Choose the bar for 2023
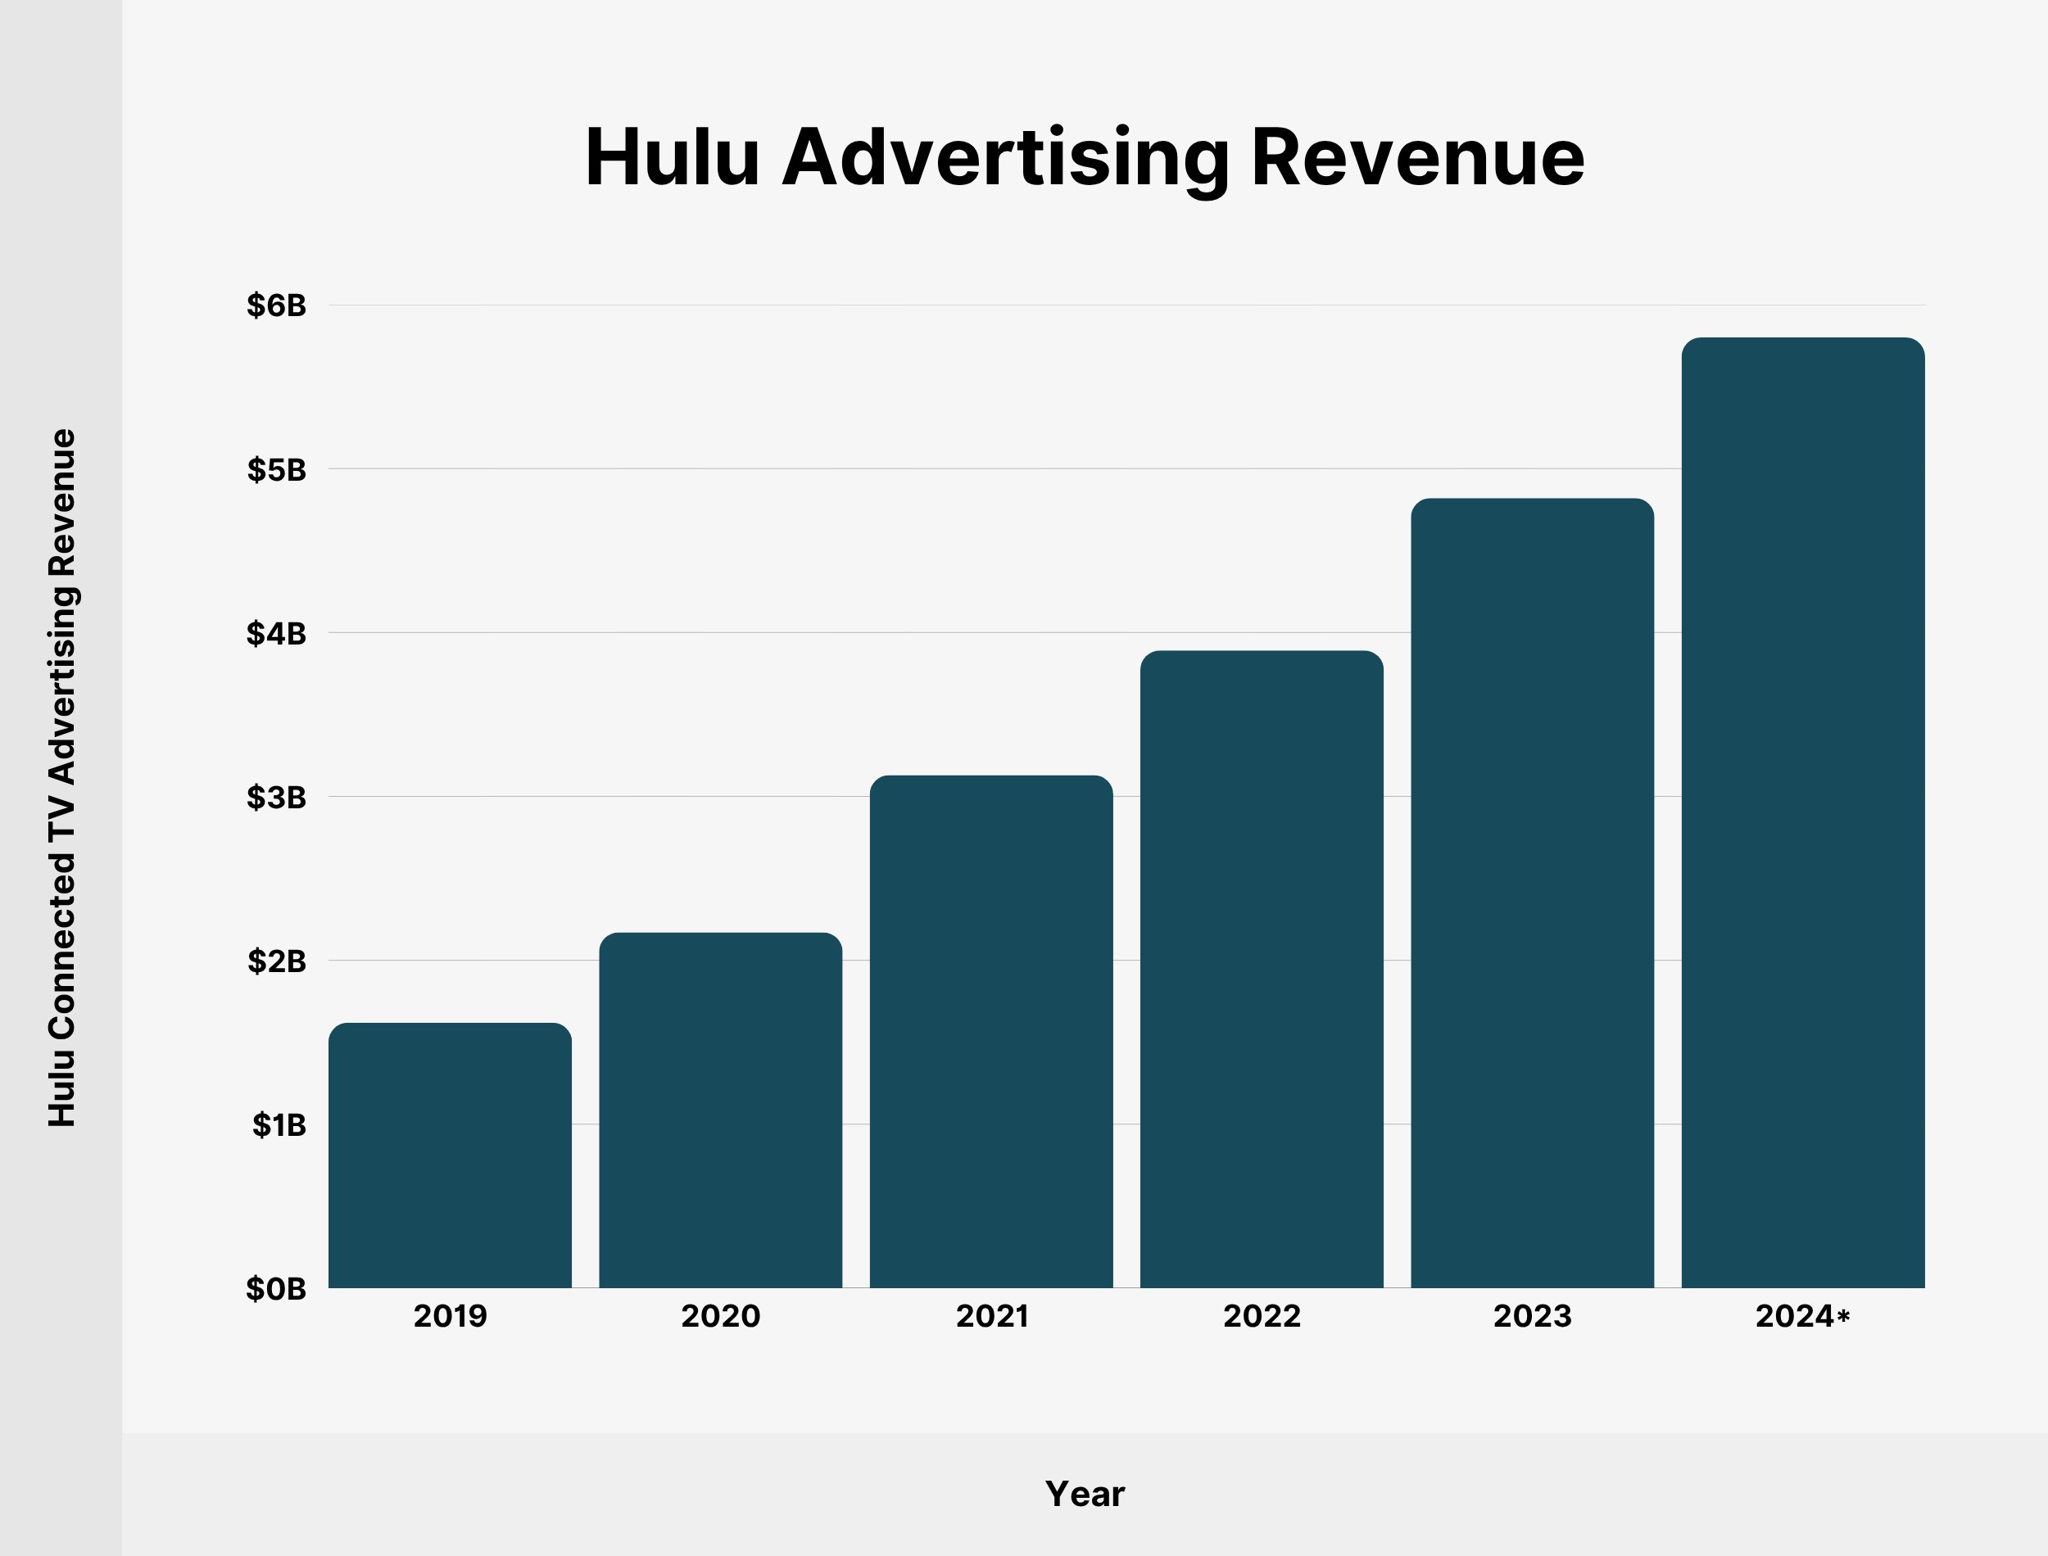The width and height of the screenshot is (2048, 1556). point(1532,893)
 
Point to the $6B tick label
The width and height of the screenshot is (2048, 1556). point(276,305)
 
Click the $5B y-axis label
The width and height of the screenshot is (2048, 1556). point(276,469)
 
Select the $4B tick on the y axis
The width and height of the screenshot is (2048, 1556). point(276,634)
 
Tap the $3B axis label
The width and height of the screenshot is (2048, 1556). point(276,797)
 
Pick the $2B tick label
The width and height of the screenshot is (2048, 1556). point(276,961)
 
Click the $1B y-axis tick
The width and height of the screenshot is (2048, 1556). point(278,1124)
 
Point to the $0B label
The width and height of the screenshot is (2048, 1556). point(276,1288)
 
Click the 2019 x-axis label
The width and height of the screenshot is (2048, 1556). point(451,1316)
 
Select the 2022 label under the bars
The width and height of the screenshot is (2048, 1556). point(1262,1316)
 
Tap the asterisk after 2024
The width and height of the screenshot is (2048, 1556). point(1843,1314)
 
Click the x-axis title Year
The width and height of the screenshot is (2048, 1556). point(1085,1494)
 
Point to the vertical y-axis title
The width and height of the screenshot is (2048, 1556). point(62,778)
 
